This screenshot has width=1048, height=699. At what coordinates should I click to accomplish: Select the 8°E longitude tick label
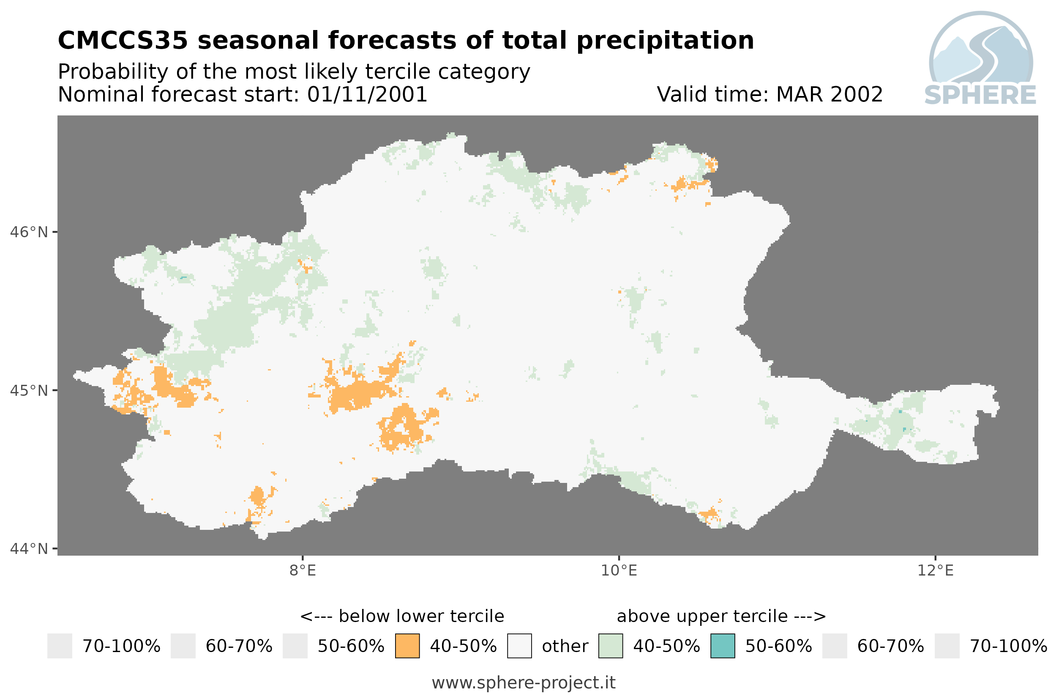(x=303, y=570)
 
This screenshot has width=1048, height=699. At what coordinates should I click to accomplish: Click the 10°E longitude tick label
(x=619, y=570)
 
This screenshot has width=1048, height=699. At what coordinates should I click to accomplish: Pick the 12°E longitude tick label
(x=935, y=570)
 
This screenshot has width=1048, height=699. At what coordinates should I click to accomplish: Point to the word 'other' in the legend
(x=565, y=646)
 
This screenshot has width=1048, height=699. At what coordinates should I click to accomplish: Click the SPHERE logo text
(x=980, y=95)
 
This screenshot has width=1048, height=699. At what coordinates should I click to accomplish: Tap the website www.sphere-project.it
(x=524, y=683)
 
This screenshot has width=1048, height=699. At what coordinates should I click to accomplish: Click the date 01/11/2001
(x=368, y=94)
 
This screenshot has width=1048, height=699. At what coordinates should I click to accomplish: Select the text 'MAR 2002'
(x=829, y=94)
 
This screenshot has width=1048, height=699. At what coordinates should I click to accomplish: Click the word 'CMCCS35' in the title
(x=123, y=40)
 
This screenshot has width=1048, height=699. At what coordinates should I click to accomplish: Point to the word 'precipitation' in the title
(x=666, y=41)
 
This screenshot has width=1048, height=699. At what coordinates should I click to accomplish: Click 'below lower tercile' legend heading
(x=421, y=616)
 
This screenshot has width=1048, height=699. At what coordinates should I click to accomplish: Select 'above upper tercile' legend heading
(x=702, y=617)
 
